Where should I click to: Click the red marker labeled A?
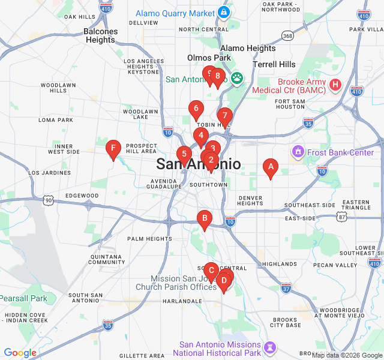click(x=270, y=167)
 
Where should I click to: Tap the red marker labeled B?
click(x=205, y=218)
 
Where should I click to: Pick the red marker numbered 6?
click(x=195, y=109)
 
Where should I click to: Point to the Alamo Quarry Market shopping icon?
click(x=224, y=13)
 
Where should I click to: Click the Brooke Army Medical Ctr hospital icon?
click(x=335, y=85)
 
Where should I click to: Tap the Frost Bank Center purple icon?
click(x=298, y=152)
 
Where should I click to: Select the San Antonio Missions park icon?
click(x=271, y=348)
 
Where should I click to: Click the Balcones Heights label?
click(x=100, y=35)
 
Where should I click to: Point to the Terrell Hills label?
click(x=274, y=64)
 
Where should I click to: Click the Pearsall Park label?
click(x=23, y=298)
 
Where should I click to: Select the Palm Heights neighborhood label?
click(x=149, y=239)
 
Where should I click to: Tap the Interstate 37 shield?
click(x=286, y=289)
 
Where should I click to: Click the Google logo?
click(x=20, y=353)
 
